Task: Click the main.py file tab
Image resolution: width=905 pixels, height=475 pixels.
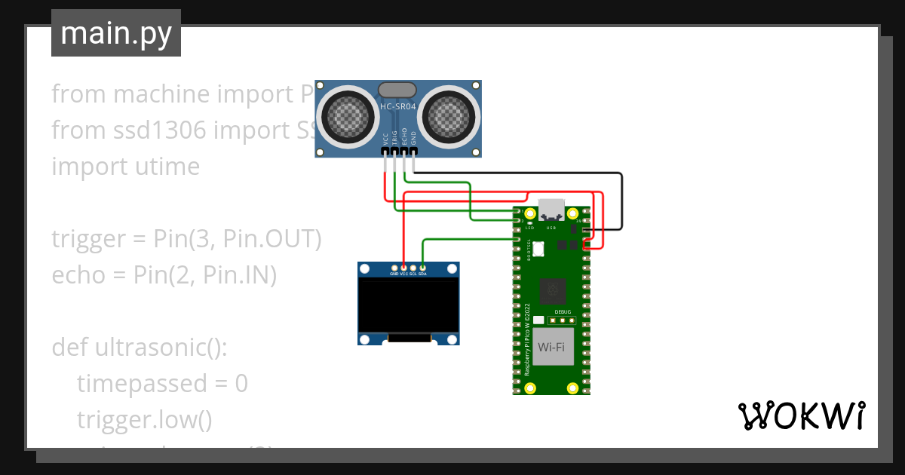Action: (x=115, y=33)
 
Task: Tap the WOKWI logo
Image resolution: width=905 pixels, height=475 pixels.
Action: (x=800, y=415)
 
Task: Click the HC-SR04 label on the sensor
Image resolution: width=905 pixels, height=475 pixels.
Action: (x=397, y=107)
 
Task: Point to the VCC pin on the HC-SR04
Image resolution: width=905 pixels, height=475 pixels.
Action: (x=385, y=152)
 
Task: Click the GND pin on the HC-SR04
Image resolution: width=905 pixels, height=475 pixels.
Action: (x=413, y=152)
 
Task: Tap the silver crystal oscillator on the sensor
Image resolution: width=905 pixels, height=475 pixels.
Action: (x=397, y=90)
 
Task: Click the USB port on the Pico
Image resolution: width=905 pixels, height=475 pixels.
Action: (x=551, y=210)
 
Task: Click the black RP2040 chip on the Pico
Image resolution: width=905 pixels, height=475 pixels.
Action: (x=554, y=290)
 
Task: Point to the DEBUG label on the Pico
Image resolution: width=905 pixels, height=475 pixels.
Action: (x=563, y=311)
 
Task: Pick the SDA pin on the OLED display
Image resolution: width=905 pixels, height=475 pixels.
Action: (x=422, y=268)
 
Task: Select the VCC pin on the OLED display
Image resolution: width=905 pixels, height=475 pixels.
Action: (x=403, y=268)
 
